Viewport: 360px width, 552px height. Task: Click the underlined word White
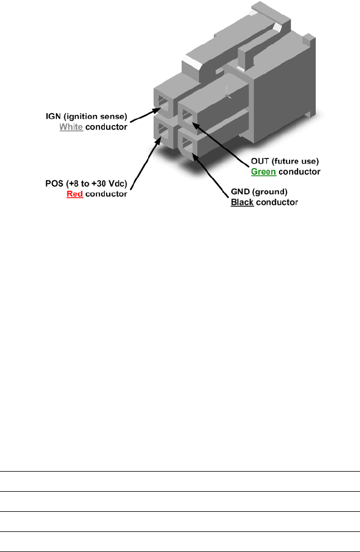tap(71, 127)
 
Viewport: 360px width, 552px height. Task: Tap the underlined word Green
tap(263, 171)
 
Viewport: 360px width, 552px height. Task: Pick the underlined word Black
tap(242, 201)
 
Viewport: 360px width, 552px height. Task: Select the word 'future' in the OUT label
tap(285, 162)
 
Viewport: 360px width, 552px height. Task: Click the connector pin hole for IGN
tap(164, 103)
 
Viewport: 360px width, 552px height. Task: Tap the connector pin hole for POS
tap(164, 132)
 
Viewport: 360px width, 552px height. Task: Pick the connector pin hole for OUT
tap(187, 118)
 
